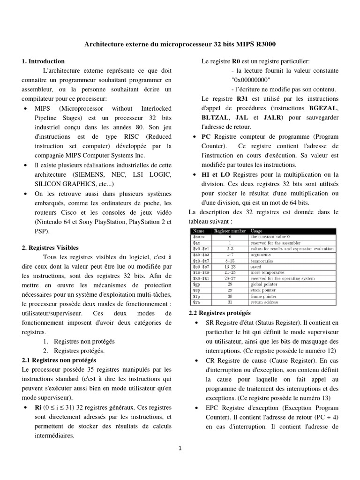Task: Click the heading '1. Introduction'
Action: click(43, 61)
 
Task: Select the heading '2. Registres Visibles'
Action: click(50, 247)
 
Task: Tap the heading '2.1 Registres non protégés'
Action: click(59, 360)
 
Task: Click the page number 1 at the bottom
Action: click(180, 448)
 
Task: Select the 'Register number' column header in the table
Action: click(230, 231)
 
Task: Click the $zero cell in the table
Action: click(199, 237)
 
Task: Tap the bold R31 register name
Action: click(242, 99)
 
